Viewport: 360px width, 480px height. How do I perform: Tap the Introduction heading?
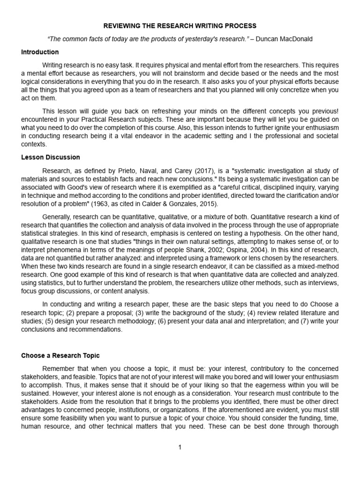click(x=40, y=52)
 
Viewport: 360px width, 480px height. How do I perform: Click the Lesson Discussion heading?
click(x=51, y=157)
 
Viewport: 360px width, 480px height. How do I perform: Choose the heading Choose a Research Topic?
click(x=60, y=356)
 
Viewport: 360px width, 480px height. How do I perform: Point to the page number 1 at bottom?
click(x=180, y=448)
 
